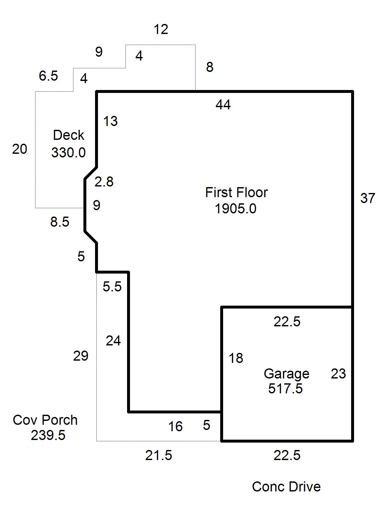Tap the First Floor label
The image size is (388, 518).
pos(236,192)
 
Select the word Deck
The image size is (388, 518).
pos(69,135)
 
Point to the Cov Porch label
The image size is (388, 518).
pos(45,420)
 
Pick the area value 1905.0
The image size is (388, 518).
pos(236,208)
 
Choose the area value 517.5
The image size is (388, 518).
pos(285,388)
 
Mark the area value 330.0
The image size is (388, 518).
pos(68,152)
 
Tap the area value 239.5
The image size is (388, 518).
pos(48,435)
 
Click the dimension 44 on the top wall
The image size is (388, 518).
pos(223,104)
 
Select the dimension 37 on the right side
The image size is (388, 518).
pos(368,198)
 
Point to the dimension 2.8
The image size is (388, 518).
pos(104,182)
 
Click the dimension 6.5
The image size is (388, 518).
pos(48,76)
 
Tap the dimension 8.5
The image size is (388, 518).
pos(59,222)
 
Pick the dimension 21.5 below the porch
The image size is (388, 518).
pos(158,455)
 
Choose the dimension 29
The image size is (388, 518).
pos(81,355)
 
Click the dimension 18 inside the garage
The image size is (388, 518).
pos(236,358)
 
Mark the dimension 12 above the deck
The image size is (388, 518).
pos(161,29)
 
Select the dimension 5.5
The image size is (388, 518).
pos(112,287)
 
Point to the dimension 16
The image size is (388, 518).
pos(176,426)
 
